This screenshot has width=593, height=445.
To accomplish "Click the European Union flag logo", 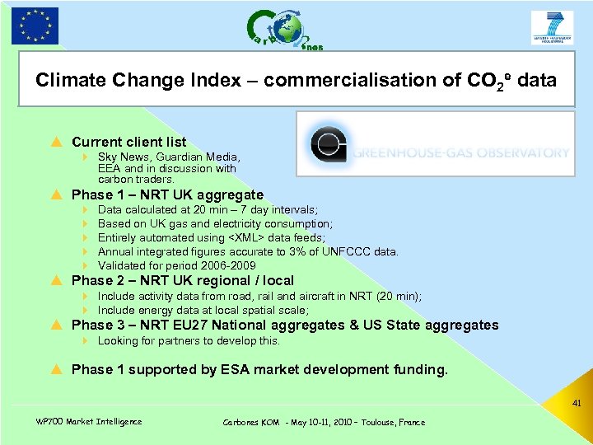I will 35,25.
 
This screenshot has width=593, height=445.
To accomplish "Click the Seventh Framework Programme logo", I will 552,27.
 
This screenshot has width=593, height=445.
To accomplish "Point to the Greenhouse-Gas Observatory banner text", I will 461,152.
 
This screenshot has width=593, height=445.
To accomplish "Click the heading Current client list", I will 128,142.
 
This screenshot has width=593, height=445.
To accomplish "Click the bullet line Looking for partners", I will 189,340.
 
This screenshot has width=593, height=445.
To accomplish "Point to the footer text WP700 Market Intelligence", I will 89,422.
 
